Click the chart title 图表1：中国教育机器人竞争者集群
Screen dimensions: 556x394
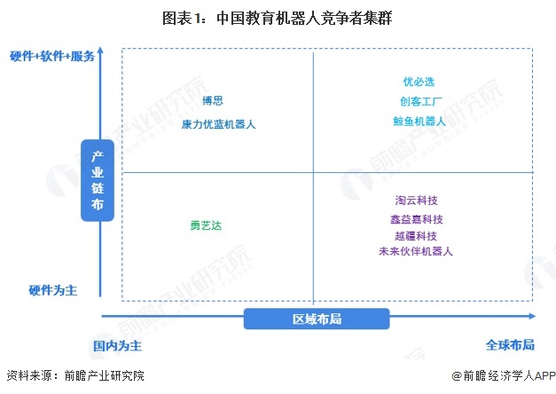pos(277,18)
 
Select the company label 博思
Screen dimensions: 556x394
pos(213,101)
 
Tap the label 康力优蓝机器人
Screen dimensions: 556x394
pos(218,124)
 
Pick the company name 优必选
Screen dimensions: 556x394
pos(419,82)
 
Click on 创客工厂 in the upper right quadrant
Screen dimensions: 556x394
pos(421,101)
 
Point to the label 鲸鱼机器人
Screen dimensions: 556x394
pos(419,122)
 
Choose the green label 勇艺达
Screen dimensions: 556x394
pos(206,225)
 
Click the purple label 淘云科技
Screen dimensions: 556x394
pos(417,201)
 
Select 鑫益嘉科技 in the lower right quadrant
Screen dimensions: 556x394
pos(417,219)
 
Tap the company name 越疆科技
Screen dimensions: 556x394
pos(416,236)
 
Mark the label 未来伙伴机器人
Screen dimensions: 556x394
pos(416,251)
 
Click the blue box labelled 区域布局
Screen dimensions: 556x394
pos(317,319)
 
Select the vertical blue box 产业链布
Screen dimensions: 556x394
pos(98,180)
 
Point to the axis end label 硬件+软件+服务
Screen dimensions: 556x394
pos(52,56)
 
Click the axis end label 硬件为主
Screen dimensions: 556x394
pos(53,290)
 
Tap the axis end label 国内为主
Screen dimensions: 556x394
pos(117,346)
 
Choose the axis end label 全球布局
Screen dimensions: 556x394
pos(510,344)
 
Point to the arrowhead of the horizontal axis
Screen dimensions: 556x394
pos(532,316)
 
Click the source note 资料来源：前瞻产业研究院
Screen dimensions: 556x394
pos(75,376)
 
